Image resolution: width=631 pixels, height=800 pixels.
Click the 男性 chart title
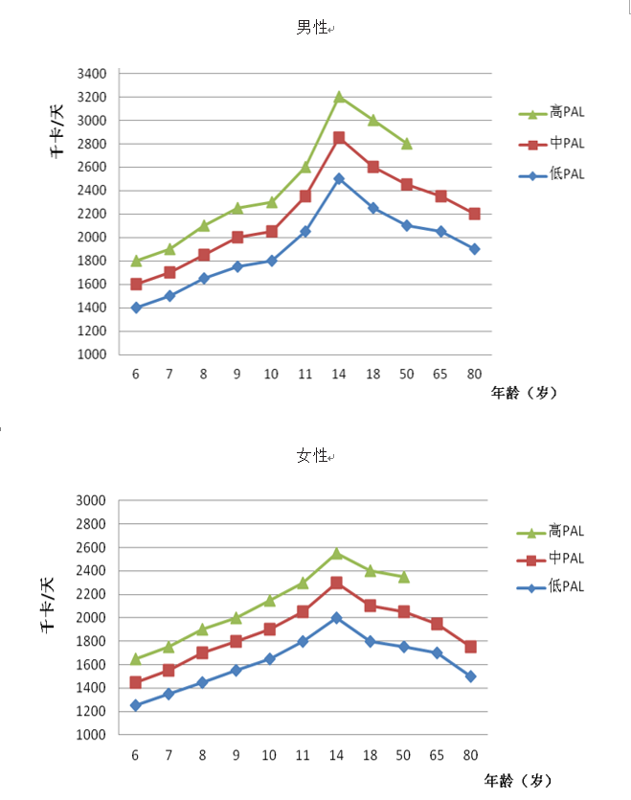311,29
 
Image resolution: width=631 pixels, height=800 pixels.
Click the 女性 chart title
311,456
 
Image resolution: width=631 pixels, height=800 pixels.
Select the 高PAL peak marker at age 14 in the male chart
339,97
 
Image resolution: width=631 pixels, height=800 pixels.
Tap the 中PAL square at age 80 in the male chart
474,214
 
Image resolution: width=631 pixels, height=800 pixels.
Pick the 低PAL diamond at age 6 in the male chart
136,308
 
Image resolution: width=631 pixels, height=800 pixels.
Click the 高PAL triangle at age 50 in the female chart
404,577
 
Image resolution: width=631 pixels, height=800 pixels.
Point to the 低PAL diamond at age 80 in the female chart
471,676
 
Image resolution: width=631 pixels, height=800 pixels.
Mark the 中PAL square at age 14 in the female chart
337,583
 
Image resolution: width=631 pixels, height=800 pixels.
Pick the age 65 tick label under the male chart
440,374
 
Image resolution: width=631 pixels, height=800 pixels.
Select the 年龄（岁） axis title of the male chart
523,393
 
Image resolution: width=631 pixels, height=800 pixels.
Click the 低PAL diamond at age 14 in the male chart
339,178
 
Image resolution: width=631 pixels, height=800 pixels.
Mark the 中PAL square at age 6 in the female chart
136,682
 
